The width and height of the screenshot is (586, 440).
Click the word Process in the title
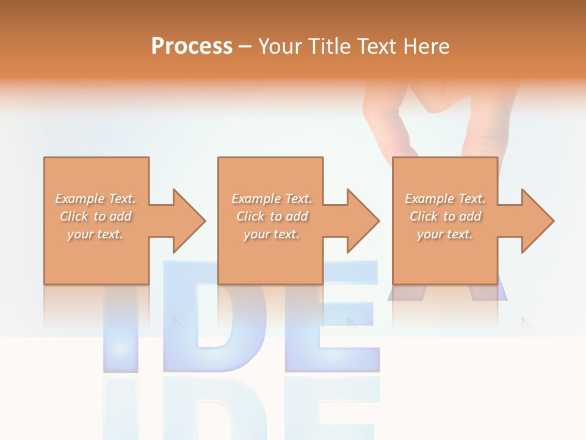192,46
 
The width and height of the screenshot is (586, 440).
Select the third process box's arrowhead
537,221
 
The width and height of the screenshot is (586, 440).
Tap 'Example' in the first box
79,199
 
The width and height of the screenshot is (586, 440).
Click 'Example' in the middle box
255,199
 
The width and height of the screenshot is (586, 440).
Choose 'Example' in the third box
429,199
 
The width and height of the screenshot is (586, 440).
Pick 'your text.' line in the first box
95,234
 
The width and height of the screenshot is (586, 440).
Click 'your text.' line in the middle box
271,234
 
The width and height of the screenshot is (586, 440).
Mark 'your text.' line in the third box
444,234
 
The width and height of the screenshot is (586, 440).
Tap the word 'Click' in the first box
74,216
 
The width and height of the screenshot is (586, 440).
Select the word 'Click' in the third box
424,216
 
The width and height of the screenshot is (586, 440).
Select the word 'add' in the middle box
297,216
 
